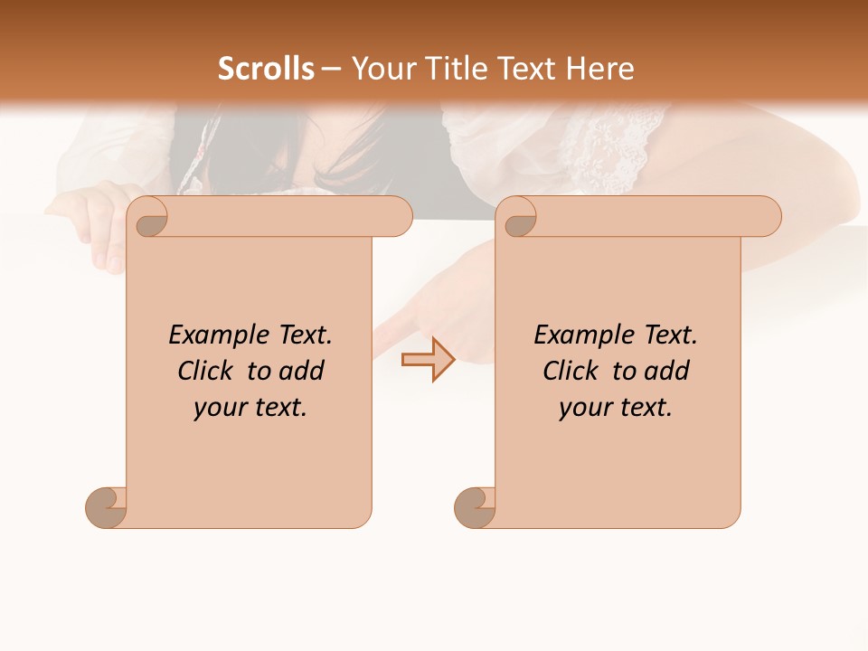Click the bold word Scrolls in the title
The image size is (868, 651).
(x=266, y=69)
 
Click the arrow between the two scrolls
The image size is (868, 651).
(x=428, y=359)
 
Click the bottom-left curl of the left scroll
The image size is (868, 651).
(x=105, y=507)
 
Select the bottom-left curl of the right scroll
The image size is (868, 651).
(x=474, y=507)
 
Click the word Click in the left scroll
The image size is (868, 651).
(x=207, y=371)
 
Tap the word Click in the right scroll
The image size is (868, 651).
(x=571, y=371)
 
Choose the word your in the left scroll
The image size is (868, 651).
(x=218, y=408)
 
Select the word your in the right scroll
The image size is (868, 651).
(x=583, y=408)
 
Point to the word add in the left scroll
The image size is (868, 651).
(x=302, y=371)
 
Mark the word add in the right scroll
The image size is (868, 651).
(x=667, y=371)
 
